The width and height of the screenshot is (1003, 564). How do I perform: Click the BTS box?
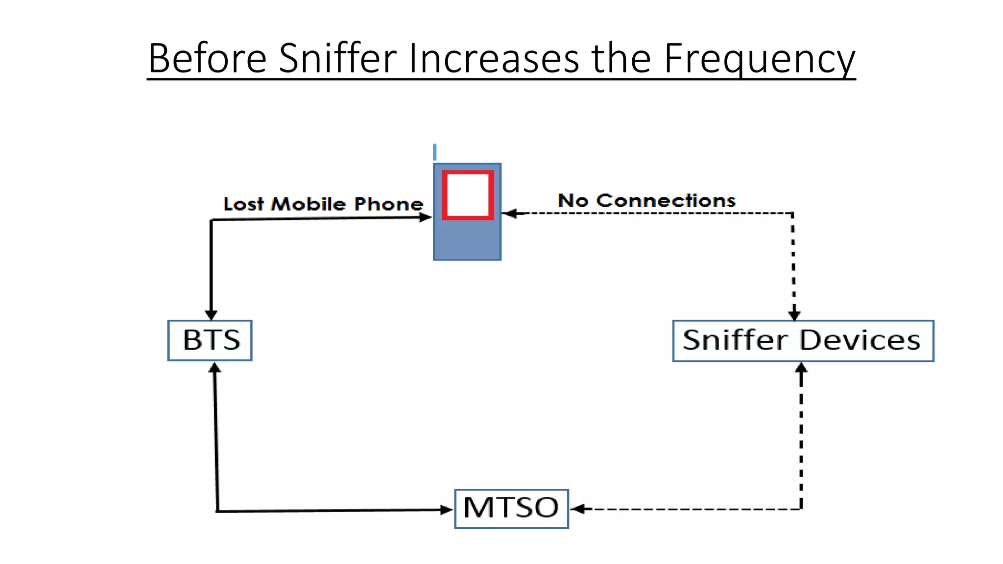tap(210, 341)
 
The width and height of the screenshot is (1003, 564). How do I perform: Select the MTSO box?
tap(511, 509)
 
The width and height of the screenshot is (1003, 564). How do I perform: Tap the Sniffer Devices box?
tap(803, 341)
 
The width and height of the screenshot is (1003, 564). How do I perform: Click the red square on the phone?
tap(468, 195)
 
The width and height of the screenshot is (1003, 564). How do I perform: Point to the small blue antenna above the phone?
tap(434, 152)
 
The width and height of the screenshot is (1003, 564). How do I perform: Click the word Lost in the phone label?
tap(243, 204)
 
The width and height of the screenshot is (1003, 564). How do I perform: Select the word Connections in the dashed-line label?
tap(666, 201)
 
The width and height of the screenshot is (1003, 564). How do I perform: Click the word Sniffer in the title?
tap(338, 58)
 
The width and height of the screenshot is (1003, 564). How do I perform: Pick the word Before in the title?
tap(208, 58)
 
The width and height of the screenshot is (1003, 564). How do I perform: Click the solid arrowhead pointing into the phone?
tap(426, 217)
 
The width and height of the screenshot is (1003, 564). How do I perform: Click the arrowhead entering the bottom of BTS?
tap(215, 368)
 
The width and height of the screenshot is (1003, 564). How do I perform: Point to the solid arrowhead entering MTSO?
tap(446, 510)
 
